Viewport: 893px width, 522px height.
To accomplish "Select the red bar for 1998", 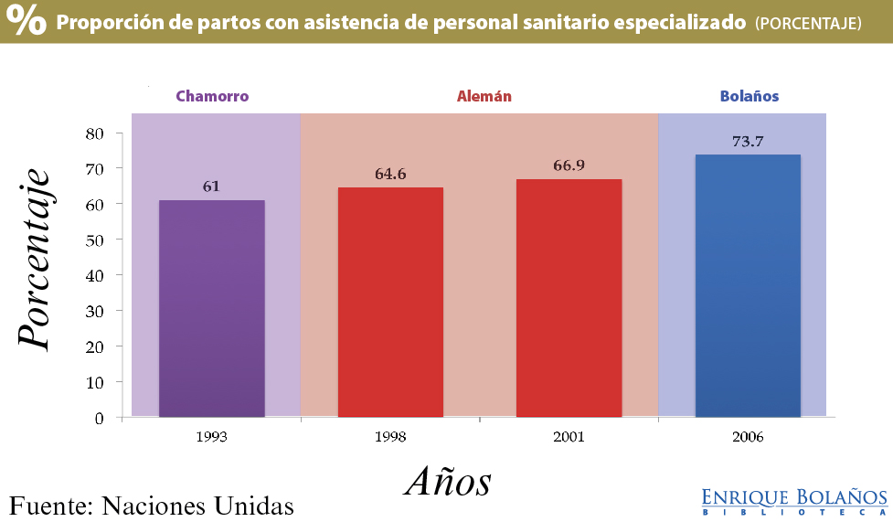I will [390, 303].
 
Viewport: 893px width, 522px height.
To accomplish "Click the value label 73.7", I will [748, 142].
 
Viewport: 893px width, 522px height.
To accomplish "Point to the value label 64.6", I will [390, 174].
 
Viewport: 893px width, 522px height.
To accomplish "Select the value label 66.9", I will [569, 165].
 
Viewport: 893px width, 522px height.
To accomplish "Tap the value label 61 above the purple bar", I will [211, 186].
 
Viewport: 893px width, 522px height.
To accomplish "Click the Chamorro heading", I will [212, 96].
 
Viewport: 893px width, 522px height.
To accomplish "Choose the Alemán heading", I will [484, 96].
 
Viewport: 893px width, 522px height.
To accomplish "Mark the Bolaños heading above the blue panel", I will [749, 96].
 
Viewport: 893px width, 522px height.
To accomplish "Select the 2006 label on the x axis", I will [748, 437].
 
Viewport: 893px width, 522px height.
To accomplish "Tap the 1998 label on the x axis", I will [390, 437].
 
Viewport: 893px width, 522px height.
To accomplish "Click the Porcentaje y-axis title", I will [34, 259].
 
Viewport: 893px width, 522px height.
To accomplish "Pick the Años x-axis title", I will [448, 481].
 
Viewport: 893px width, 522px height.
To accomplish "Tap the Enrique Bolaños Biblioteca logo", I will [794, 501].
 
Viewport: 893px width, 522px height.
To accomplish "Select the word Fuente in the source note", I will [48, 505].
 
